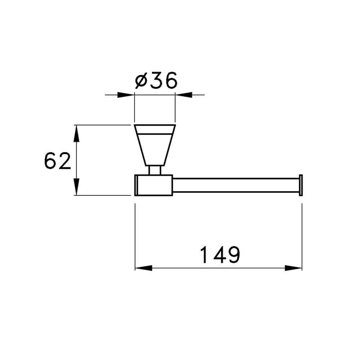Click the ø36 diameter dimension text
coord(156,81)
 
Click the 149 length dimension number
coord(220,255)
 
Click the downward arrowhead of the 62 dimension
coord(76,188)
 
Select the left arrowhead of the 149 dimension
coord(143,268)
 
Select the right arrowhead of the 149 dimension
coord(293,268)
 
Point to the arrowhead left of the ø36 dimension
coord(126,95)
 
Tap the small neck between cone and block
coord(154,170)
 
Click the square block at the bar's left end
coord(154,185)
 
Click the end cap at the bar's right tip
coord(301,185)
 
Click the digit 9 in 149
coord(233,255)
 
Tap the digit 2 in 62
coord(64,161)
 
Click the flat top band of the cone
coord(154,129)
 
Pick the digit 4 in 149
coord(218,255)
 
